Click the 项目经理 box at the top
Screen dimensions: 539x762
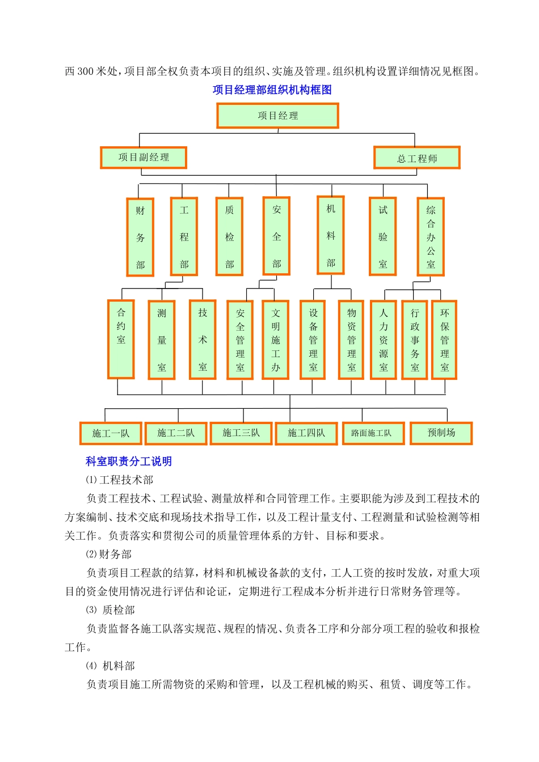point(277,116)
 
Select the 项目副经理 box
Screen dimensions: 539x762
point(144,158)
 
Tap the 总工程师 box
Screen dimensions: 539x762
point(416,158)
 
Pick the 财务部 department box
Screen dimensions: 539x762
point(140,237)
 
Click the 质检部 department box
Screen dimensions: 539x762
point(229,236)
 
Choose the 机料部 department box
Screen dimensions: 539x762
point(331,235)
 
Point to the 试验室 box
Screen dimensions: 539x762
point(383,236)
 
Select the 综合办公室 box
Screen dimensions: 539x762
point(431,237)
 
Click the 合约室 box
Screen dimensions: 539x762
point(121,339)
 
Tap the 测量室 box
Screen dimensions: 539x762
point(162,340)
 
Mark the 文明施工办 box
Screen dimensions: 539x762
point(276,340)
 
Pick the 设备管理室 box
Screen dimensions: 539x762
point(313,340)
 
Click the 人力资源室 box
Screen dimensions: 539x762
point(384,340)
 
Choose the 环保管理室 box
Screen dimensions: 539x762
point(444,340)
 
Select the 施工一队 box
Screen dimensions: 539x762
point(111,434)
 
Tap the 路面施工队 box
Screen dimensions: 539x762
point(373,433)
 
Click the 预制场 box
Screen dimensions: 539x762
point(441,433)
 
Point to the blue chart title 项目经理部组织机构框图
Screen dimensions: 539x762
point(272,90)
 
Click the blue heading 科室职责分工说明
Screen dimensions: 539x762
point(129,462)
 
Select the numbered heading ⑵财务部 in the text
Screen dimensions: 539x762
point(108,554)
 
